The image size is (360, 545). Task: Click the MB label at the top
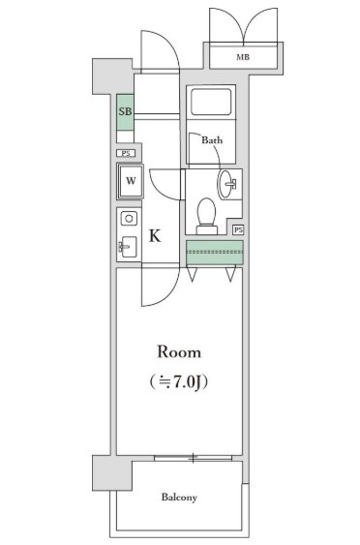point(242,58)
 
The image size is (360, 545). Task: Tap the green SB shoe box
point(125,111)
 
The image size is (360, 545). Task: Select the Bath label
point(212,140)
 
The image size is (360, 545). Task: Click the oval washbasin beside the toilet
point(228,183)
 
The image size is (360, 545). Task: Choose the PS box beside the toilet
point(237,229)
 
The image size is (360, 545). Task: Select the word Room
point(179,351)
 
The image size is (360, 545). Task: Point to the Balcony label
point(179,498)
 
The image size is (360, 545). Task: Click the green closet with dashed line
point(213,252)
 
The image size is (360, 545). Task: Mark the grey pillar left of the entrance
point(105,75)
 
